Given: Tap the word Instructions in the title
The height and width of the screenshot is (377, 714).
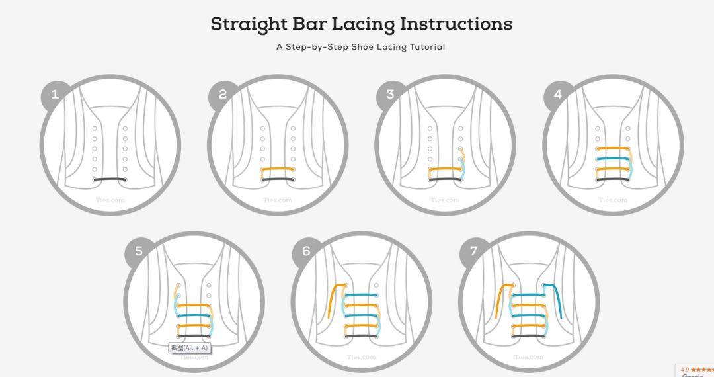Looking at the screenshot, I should [x=456, y=24].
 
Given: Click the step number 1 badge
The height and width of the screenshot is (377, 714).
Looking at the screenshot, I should [x=55, y=95].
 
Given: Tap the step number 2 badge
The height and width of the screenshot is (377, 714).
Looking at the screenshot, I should [x=223, y=95].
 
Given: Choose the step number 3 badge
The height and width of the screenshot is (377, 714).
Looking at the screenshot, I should [x=390, y=95].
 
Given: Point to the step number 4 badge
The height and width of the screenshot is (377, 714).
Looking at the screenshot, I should [x=558, y=95].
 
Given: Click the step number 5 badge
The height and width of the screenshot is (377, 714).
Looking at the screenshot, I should [x=139, y=251].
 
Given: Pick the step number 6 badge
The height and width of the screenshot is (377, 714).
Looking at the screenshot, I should [x=306, y=251].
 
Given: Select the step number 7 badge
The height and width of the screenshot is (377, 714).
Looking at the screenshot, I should [x=474, y=251].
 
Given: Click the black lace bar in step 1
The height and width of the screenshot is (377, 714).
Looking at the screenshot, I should [x=110, y=179].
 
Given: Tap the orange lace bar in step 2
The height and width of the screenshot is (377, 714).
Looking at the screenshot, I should [x=278, y=169].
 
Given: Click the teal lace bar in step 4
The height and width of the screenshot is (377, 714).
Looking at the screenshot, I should [x=613, y=159].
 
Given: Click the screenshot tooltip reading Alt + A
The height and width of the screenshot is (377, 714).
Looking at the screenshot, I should [x=190, y=348].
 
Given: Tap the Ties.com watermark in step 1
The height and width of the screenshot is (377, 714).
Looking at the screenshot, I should [x=110, y=200].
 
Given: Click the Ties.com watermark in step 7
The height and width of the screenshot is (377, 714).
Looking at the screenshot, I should [x=529, y=357].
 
